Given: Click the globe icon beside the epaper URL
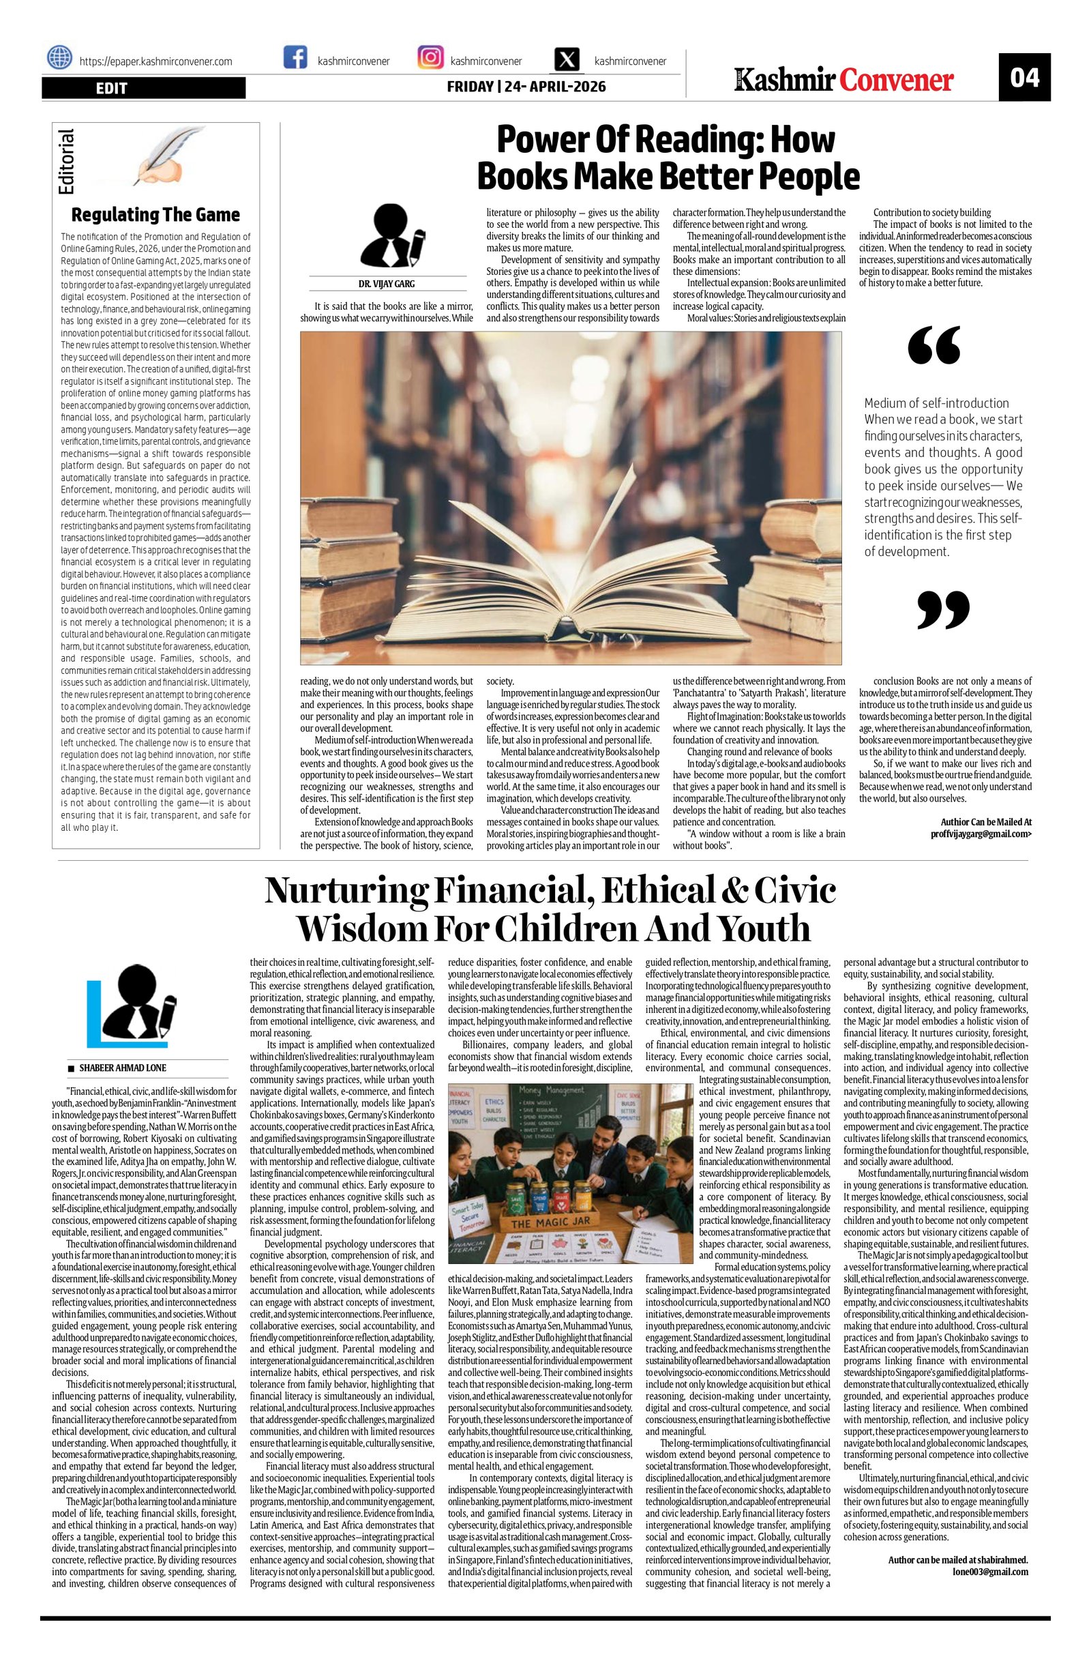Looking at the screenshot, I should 60,57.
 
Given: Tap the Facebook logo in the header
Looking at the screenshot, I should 295,57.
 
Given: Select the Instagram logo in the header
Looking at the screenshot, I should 430,57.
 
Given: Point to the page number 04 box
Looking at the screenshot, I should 1024,77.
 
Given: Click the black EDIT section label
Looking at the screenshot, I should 144,88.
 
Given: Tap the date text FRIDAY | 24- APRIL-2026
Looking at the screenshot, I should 526,87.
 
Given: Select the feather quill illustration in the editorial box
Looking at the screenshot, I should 159,157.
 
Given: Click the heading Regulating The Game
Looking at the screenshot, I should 155,214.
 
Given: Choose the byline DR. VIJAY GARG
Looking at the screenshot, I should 387,284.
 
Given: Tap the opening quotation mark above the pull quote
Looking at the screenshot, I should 934,345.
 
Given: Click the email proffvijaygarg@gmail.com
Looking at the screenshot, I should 981,834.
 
